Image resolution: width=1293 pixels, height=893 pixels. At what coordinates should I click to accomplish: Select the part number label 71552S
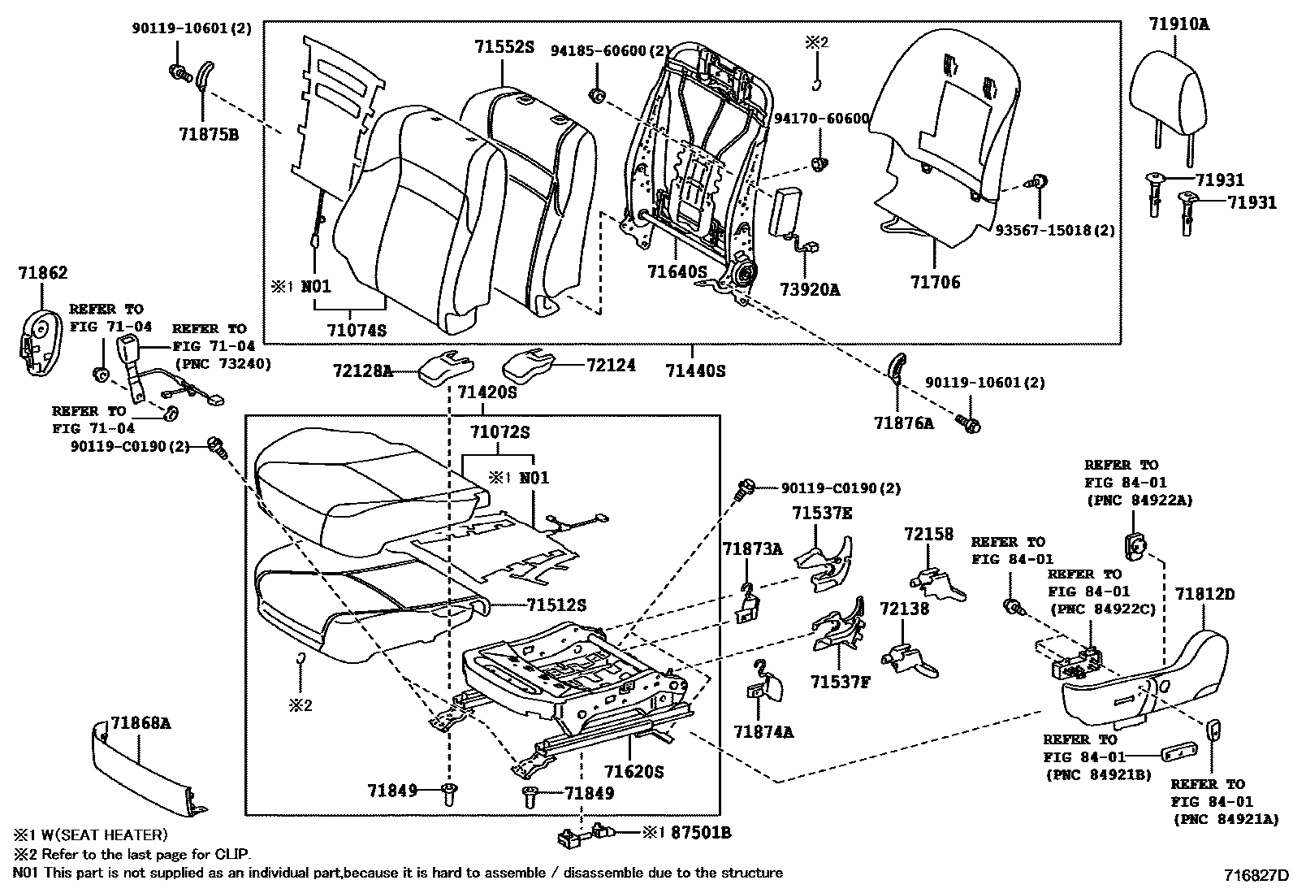pos(504,47)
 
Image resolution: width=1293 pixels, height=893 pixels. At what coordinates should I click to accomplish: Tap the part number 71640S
pos(677,271)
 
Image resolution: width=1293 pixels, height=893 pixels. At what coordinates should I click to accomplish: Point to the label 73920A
pos(810,288)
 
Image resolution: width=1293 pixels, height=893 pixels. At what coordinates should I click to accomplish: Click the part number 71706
pos(935,283)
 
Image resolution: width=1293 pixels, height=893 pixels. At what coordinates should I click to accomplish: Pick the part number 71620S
pos(634,771)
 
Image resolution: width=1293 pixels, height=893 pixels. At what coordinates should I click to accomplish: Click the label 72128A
pos(362,371)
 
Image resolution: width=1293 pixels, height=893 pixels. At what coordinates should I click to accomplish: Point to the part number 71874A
pos(764,732)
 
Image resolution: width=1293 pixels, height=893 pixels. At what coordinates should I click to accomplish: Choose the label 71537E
pos(823,514)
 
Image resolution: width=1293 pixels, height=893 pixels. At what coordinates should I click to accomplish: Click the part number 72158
pos(929,534)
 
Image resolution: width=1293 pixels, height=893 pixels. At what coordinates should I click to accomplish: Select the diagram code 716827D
pos(1256,875)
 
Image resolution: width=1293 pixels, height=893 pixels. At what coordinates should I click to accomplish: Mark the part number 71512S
pos(556,605)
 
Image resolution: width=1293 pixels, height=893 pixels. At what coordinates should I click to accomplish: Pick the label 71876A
pos(904,423)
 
